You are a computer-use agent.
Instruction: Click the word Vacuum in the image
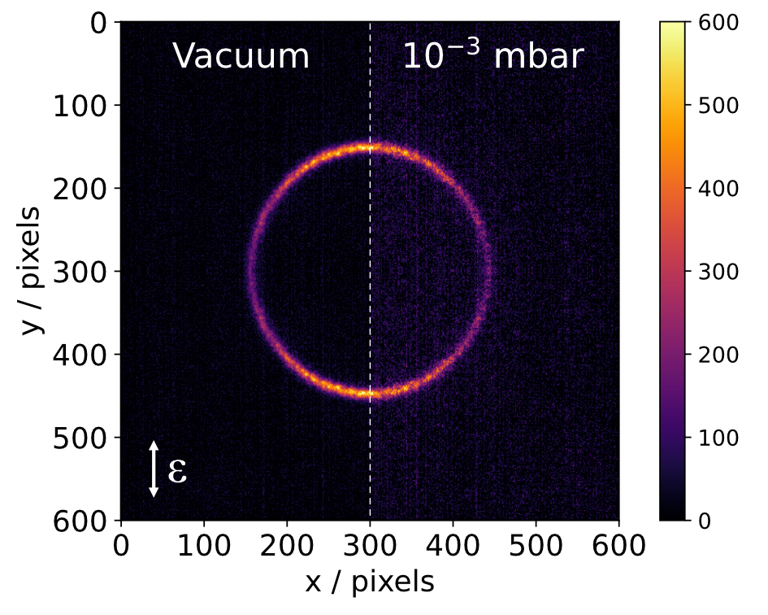click(x=241, y=57)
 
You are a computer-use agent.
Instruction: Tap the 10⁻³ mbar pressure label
click(x=493, y=57)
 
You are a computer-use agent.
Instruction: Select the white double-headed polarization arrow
click(x=153, y=469)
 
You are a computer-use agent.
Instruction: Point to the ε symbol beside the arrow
click(x=177, y=470)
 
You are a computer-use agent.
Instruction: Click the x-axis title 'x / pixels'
click(x=370, y=582)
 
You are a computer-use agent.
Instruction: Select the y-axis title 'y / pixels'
click(x=31, y=271)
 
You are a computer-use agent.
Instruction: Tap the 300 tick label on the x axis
click(x=370, y=542)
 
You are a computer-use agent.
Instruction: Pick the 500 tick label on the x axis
click(x=536, y=542)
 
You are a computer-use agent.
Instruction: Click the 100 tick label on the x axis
click(x=204, y=542)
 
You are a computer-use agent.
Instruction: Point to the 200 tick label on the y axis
click(x=80, y=189)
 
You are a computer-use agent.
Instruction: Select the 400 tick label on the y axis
click(x=80, y=355)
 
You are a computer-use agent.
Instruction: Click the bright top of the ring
click(x=370, y=147)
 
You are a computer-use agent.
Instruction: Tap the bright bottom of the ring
click(x=370, y=394)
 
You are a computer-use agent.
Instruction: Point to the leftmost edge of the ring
click(x=250, y=271)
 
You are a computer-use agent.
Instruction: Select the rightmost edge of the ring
click(x=488, y=271)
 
